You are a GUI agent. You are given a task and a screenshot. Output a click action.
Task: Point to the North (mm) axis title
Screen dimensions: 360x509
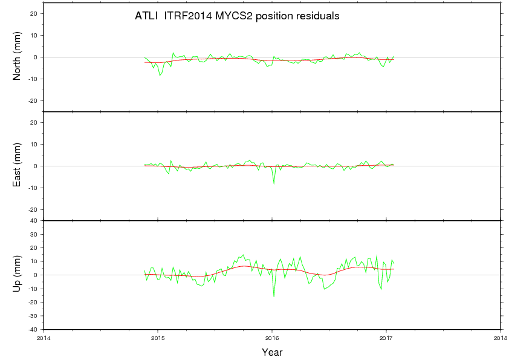(x=17, y=57)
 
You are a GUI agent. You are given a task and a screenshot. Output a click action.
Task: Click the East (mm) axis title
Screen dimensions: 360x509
(x=17, y=166)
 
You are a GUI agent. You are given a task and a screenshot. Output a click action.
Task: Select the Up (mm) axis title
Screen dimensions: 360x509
(x=17, y=275)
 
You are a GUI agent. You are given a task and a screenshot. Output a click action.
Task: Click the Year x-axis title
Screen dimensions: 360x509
(x=272, y=352)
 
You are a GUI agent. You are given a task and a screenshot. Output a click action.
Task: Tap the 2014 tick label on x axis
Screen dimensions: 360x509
(x=44, y=338)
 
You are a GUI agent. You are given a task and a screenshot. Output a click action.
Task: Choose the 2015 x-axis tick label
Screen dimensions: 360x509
(x=158, y=338)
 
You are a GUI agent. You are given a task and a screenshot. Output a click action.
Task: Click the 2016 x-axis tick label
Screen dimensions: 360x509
(x=272, y=338)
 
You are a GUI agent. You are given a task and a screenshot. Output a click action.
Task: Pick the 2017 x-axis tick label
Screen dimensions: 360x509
(x=386, y=338)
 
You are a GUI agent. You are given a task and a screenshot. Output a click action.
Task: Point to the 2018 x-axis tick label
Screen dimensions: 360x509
(x=501, y=338)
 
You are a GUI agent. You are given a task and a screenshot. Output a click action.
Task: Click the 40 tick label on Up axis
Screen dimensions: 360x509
(x=34, y=221)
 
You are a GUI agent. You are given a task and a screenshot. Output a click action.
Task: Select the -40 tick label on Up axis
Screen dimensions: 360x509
(x=33, y=330)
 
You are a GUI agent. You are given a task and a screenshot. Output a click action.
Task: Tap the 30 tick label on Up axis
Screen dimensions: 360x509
(x=34, y=234)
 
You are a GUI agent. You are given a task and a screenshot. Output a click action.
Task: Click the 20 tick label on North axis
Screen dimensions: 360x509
(x=34, y=13)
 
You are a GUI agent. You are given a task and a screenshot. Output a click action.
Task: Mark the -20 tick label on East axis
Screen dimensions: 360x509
(x=33, y=209)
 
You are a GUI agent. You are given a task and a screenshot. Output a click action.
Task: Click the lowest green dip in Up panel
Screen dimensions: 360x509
(x=274, y=296)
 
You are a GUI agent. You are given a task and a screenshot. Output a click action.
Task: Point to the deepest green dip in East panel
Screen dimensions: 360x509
(x=274, y=183)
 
